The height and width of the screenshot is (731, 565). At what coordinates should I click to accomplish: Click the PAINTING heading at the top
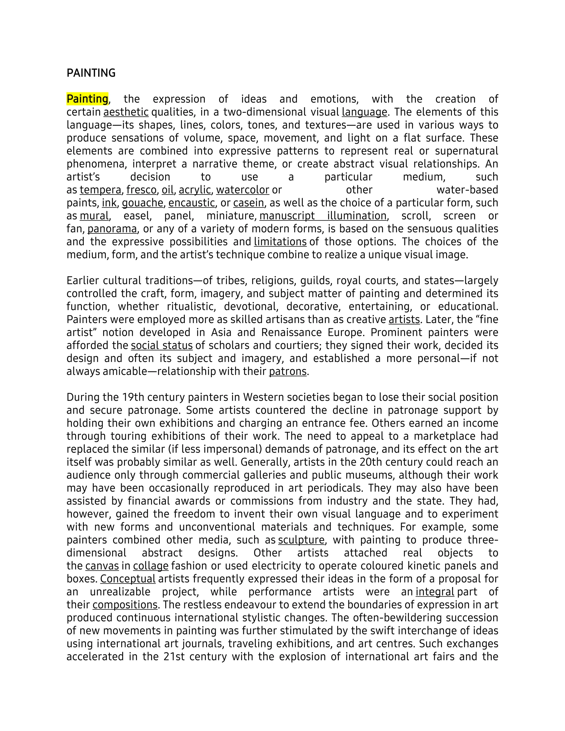(x=91, y=73)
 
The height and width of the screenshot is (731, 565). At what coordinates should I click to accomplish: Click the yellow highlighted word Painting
(x=87, y=99)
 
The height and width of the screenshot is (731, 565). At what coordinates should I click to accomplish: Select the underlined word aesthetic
(x=126, y=112)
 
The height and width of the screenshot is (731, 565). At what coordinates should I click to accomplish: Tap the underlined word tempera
(x=100, y=190)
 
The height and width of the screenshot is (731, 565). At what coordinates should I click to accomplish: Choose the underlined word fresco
(x=141, y=190)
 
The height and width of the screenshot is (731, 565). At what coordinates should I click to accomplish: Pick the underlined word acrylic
(x=195, y=190)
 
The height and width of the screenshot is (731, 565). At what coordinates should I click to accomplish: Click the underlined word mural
(x=94, y=216)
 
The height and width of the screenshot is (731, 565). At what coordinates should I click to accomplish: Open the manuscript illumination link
(x=323, y=216)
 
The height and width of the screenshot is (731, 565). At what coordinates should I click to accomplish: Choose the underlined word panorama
(x=112, y=229)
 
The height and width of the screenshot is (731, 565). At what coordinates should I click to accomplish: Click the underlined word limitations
(x=280, y=242)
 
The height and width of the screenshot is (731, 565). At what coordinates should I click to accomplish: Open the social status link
(x=162, y=346)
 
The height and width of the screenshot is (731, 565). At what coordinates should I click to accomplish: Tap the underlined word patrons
(x=287, y=372)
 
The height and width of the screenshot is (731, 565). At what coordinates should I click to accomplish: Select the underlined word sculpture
(x=301, y=540)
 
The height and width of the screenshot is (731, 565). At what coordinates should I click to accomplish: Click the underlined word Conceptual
(x=128, y=579)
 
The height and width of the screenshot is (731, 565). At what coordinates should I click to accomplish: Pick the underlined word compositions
(x=125, y=605)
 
